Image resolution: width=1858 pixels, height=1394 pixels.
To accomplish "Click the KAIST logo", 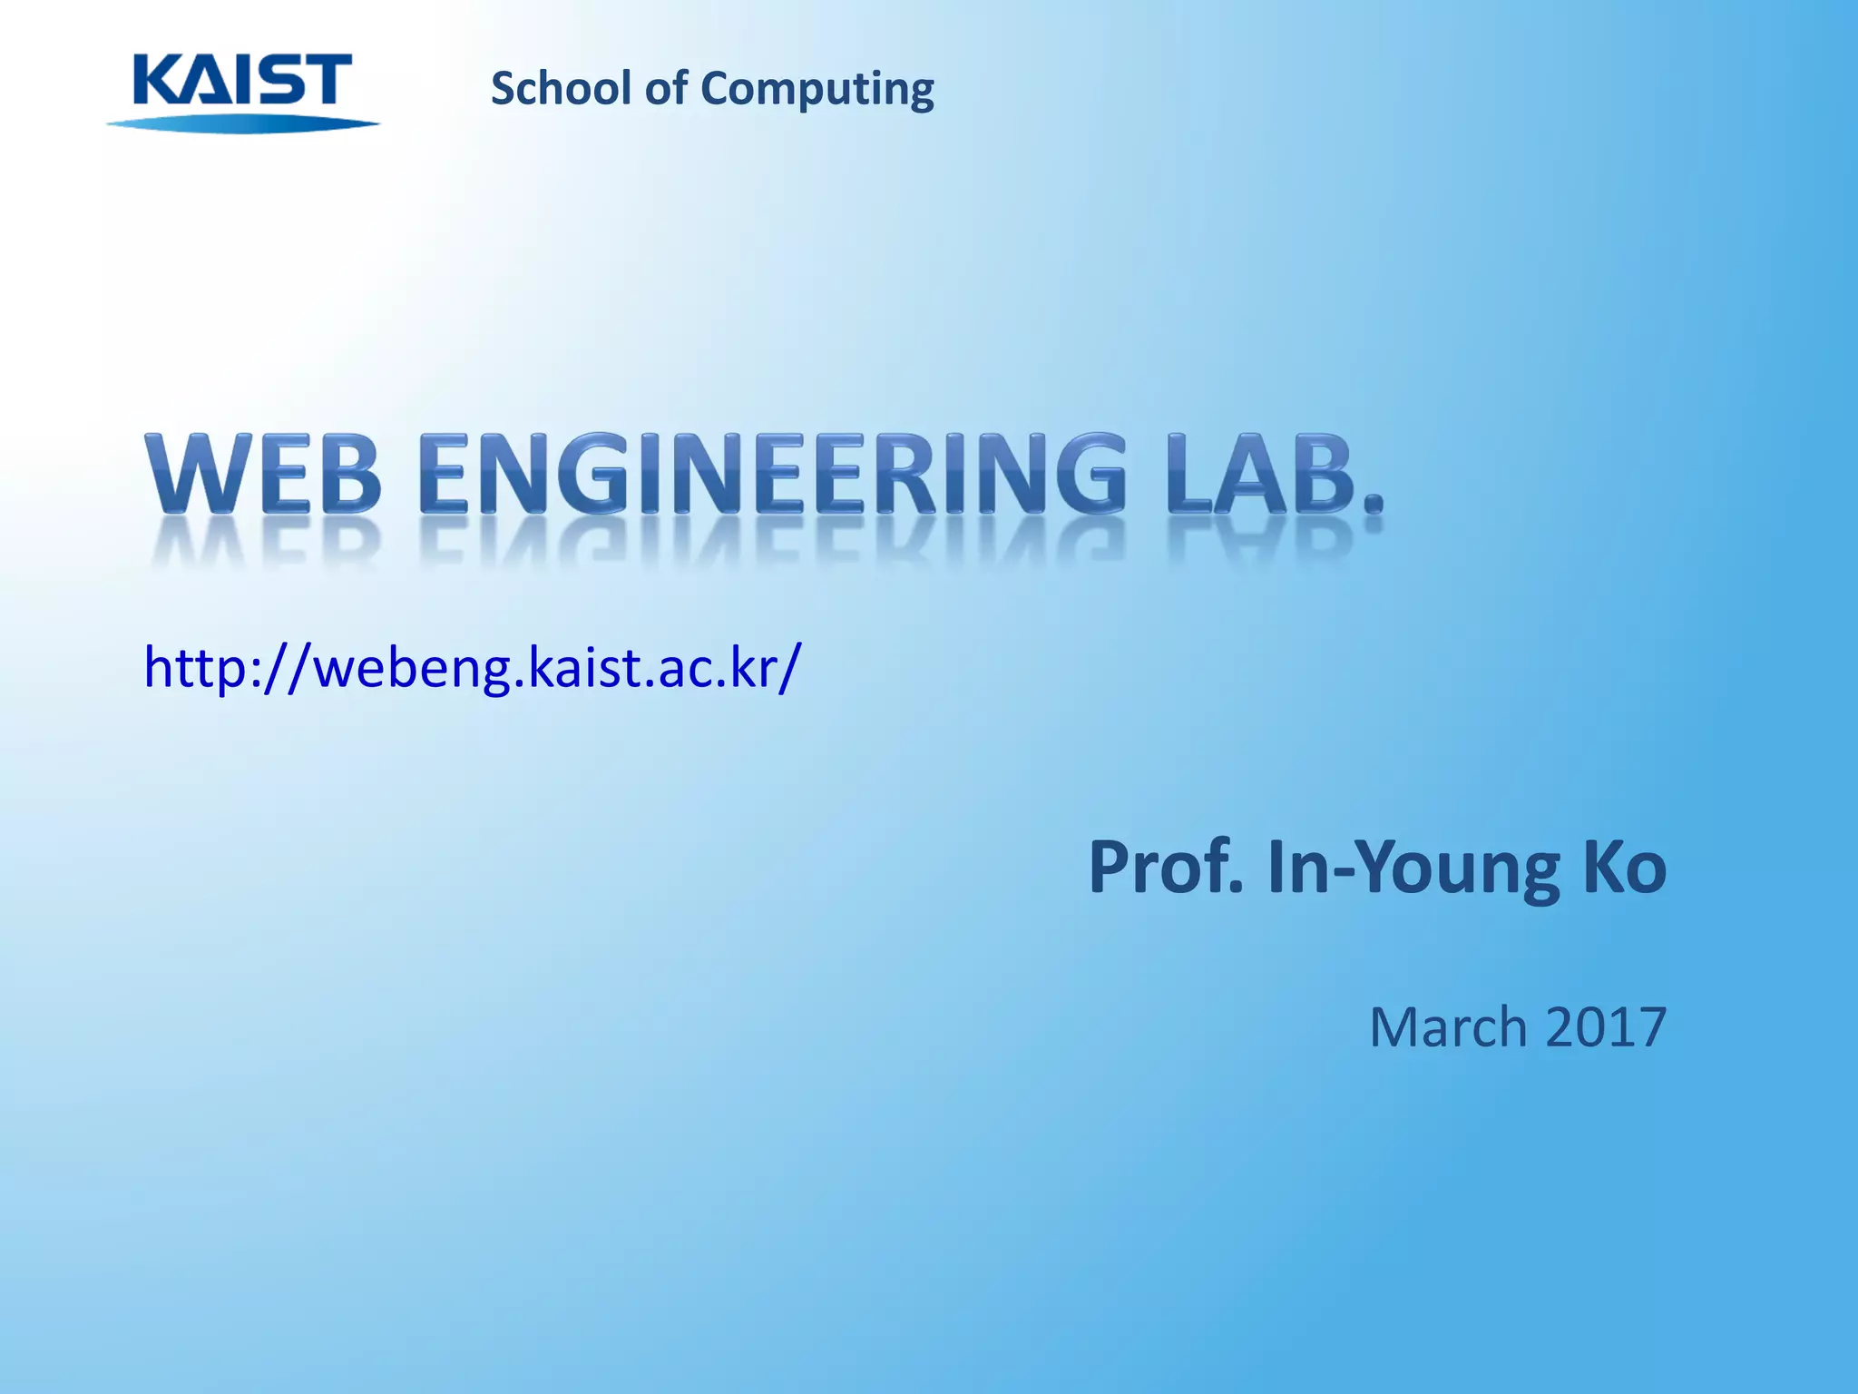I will click(242, 91).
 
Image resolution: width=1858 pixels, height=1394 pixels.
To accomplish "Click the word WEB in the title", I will click(263, 475).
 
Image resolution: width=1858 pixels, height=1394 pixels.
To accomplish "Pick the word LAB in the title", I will click(1257, 475).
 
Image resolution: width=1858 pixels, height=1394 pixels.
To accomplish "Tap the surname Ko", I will click(1624, 868).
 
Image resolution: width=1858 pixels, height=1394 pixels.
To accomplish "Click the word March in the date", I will click(1448, 1026).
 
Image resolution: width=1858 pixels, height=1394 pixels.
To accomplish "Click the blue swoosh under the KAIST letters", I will click(242, 123).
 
